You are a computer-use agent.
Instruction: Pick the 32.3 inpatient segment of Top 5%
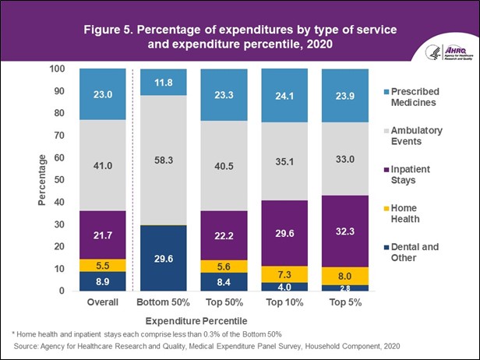pos(344,231)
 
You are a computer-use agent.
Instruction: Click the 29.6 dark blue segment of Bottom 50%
pos(163,258)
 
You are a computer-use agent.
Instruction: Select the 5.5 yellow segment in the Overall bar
pos(103,265)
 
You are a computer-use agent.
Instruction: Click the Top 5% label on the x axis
pos(344,302)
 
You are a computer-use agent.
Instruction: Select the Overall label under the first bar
pos(103,302)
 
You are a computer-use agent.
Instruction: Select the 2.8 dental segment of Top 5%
pos(344,288)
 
